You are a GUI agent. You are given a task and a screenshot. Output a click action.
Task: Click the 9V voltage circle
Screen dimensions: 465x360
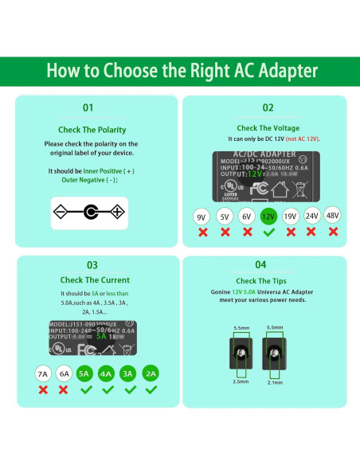point(202,216)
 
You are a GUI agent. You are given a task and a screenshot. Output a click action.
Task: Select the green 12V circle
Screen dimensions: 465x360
point(268,216)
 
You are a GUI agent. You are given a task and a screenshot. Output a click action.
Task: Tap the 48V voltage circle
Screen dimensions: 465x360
point(333,215)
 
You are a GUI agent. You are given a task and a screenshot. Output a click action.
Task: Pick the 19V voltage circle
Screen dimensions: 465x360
point(290,216)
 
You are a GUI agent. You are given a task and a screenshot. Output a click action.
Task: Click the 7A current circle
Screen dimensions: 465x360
point(42,373)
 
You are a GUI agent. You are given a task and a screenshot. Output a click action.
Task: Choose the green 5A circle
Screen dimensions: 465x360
point(85,373)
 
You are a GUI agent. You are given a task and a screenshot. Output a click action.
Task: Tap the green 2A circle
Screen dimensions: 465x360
point(151,373)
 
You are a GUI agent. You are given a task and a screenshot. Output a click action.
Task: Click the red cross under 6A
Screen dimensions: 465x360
point(64,390)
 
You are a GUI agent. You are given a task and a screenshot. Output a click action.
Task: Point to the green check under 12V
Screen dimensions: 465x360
point(268,232)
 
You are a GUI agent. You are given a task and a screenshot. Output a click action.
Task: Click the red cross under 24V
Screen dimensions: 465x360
point(311,232)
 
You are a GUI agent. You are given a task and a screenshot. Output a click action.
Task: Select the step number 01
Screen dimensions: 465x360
point(88,107)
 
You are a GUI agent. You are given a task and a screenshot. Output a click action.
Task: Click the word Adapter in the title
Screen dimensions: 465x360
point(277,70)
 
